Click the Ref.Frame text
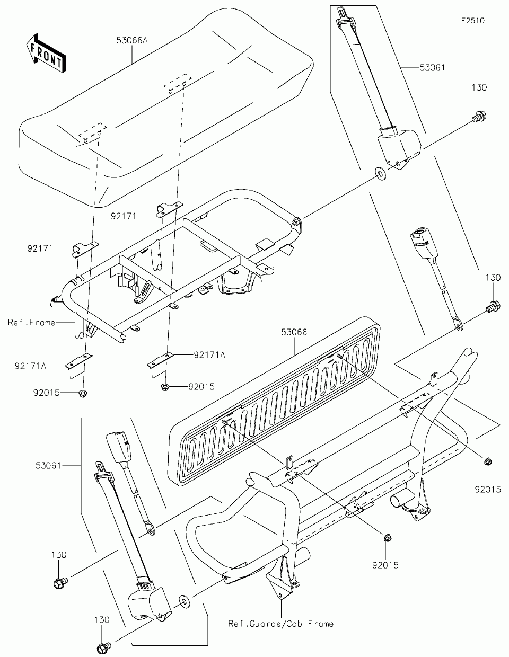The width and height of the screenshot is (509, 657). [x=32, y=322]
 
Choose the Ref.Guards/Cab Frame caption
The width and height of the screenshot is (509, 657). [x=281, y=624]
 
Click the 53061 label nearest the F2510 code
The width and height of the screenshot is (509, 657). [x=432, y=68]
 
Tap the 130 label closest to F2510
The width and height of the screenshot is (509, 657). [x=479, y=87]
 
